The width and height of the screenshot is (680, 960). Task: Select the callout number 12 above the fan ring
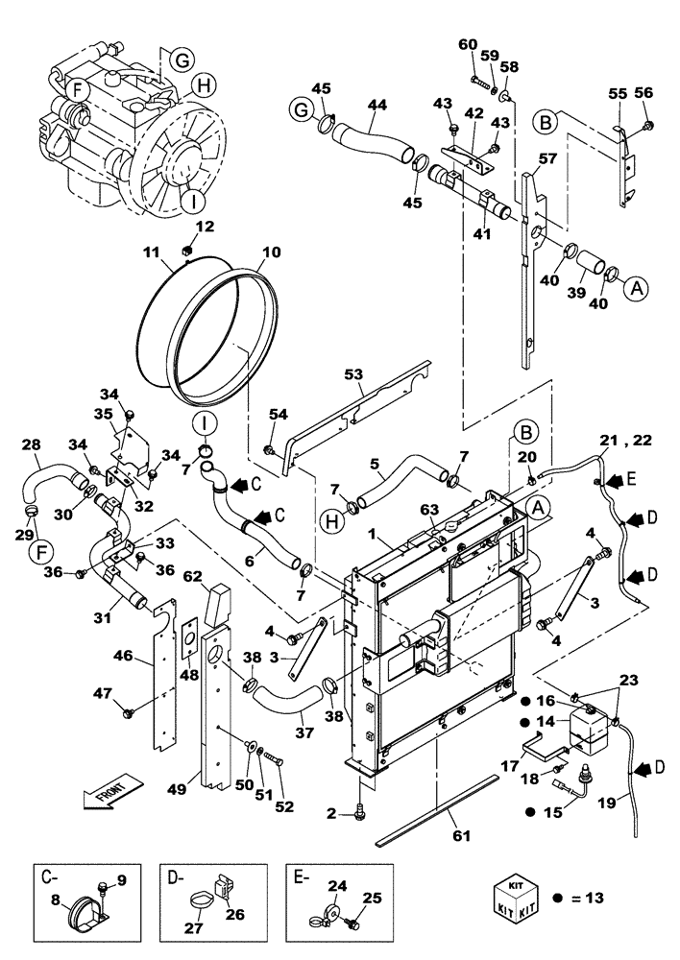(x=205, y=227)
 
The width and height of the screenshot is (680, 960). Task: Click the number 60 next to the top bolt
(x=468, y=45)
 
